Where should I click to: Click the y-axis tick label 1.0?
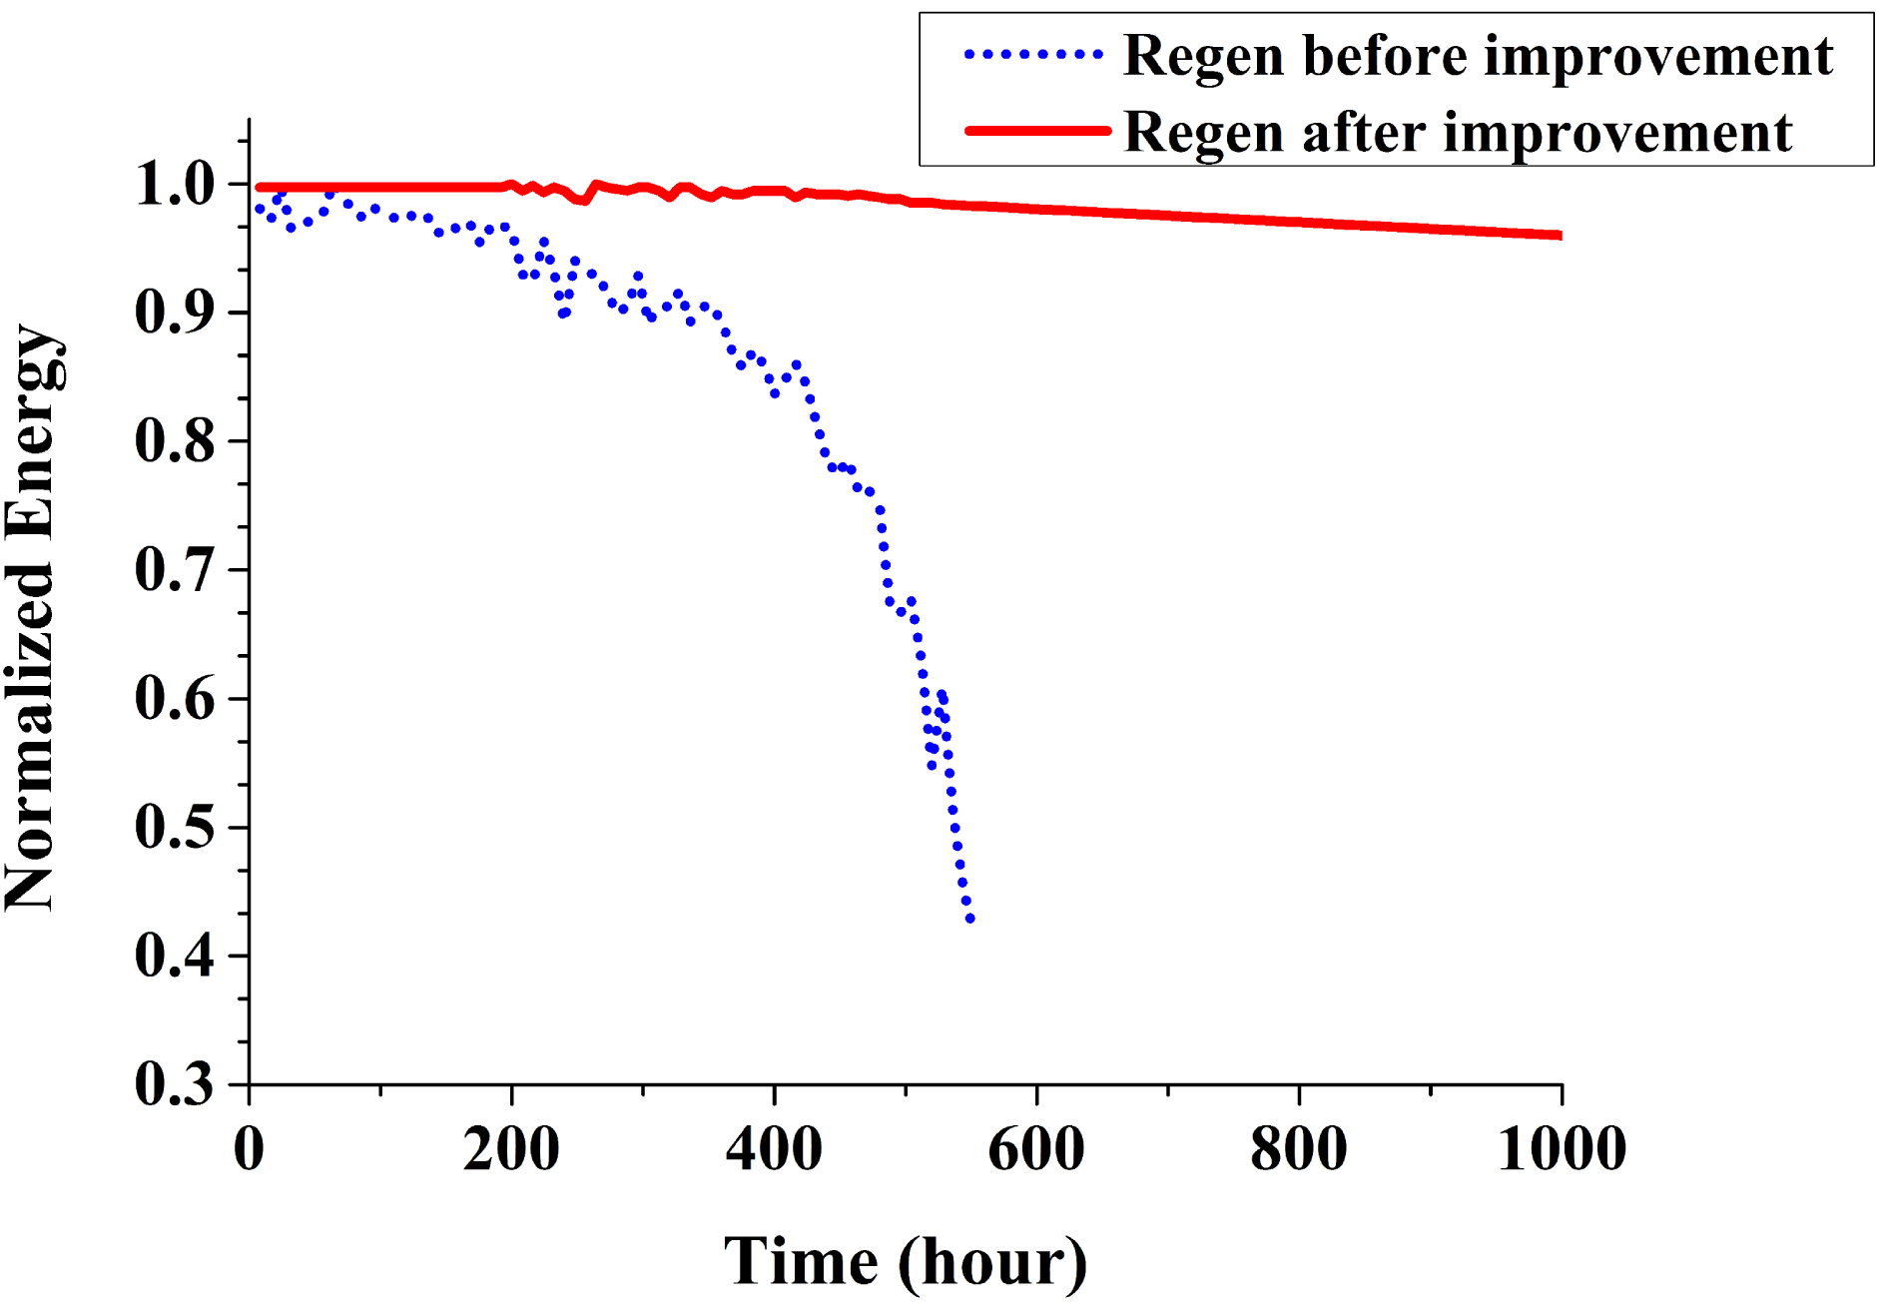(x=175, y=185)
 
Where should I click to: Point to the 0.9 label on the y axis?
(x=175, y=313)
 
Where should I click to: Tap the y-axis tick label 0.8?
(x=175, y=441)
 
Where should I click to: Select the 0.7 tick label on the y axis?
(x=175, y=570)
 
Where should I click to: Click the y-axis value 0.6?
(x=175, y=699)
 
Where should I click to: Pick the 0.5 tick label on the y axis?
(x=175, y=828)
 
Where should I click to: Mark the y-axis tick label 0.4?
(x=175, y=957)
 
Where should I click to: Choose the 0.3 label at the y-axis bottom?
(x=175, y=1084)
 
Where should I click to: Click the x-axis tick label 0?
(x=249, y=1148)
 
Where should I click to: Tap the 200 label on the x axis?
(x=511, y=1148)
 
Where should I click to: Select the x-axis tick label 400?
(x=774, y=1148)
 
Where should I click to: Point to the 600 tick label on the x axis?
(x=1036, y=1148)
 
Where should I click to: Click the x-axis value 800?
(x=1299, y=1148)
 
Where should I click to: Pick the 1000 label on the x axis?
(x=1562, y=1148)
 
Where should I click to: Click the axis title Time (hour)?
(x=906, y=1262)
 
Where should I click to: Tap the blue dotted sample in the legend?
(x=1034, y=55)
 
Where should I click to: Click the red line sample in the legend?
(x=1037, y=131)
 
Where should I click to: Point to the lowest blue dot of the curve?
(x=969, y=919)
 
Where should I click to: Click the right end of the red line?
(x=1559, y=236)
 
